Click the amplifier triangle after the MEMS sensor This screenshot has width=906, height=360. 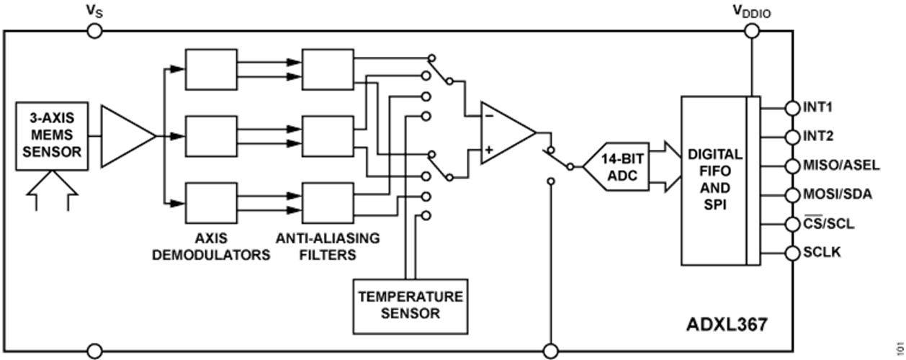(125, 135)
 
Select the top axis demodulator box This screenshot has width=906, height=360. (211, 69)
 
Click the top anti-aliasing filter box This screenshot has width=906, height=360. (328, 69)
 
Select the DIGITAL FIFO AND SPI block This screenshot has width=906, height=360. (715, 180)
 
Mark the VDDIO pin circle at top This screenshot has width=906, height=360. (752, 31)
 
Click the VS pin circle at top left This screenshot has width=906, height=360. (94, 31)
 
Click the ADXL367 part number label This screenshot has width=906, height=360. (723, 324)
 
